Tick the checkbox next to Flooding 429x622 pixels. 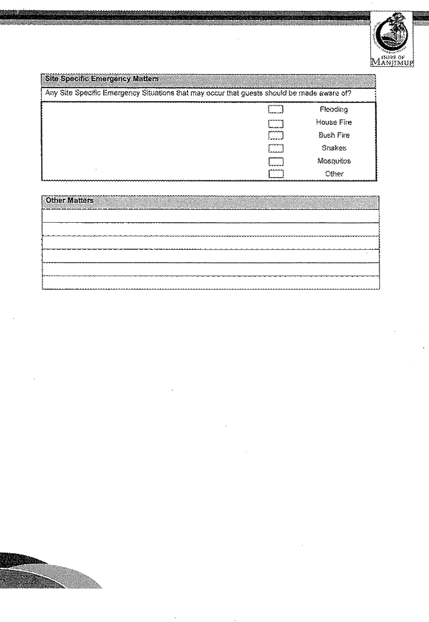[x=276, y=110]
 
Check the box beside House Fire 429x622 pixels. [x=276, y=123]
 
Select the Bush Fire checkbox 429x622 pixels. [x=276, y=136]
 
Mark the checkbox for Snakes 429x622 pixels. [x=276, y=149]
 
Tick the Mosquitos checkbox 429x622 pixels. [x=276, y=161]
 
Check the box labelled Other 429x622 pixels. [x=276, y=174]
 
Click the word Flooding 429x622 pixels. [x=334, y=110]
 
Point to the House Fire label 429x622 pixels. [x=334, y=122]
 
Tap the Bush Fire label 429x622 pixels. [x=334, y=135]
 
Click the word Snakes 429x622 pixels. [x=334, y=148]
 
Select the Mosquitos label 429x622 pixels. [x=334, y=161]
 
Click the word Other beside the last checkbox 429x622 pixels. [x=334, y=174]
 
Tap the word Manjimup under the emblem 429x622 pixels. [x=392, y=63]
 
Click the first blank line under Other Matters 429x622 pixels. [x=210, y=216]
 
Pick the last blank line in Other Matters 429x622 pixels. [x=210, y=283]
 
